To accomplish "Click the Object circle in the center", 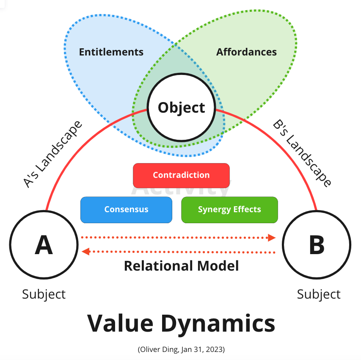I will [x=181, y=108].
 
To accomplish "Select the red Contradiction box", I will [x=181, y=175].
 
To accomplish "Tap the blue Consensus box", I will [x=126, y=210].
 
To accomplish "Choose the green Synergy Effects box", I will [x=229, y=210].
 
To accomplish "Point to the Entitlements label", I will [x=111, y=53].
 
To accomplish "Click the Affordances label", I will [x=246, y=53].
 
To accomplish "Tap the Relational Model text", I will [x=181, y=266].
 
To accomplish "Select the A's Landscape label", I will [x=52, y=155].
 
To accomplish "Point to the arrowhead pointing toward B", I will [x=272, y=238].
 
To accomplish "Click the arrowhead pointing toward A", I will [x=86, y=252].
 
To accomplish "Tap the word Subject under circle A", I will [x=44, y=294].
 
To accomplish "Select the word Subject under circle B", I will [x=319, y=294].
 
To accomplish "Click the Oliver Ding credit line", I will [x=181, y=349].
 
